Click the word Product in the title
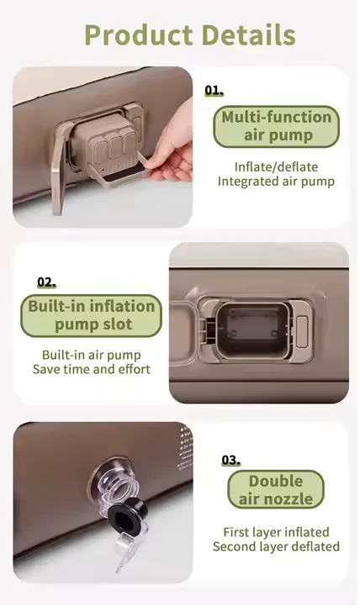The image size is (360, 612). pos(140,35)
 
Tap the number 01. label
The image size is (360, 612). pos(214,91)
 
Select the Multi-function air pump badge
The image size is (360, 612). pos(277,126)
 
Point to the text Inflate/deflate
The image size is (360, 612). pos(276,166)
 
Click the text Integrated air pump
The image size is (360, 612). pos(276,182)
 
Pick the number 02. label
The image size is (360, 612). pos(46,282)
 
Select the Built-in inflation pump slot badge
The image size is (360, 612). pos(91,316)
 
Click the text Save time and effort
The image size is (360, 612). pos(92,369)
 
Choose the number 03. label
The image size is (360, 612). pos(230,460)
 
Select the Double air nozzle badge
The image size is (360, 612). pos(276,489)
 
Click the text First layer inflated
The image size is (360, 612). pos(276,532)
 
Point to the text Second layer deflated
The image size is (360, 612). pos(276,546)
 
